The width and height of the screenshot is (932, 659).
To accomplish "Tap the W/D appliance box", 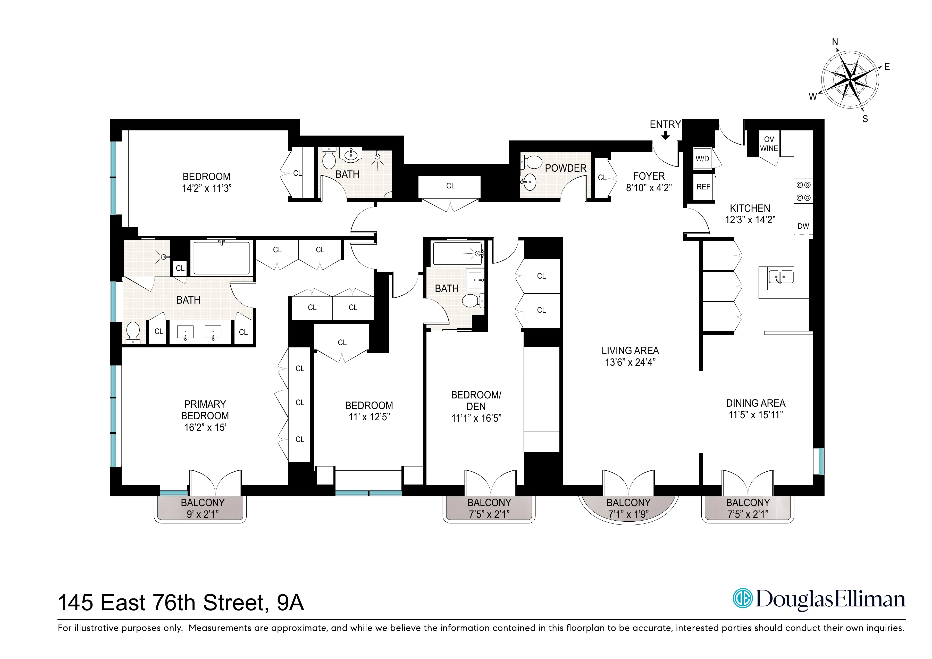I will click(x=702, y=159).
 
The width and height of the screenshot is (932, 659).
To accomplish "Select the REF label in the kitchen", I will click(x=703, y=187).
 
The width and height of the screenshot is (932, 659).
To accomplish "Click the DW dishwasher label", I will click(x=803, y=226).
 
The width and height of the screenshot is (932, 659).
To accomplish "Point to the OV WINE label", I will click(x=769, y=144).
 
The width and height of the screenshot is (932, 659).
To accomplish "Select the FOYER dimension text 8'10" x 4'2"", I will click(x=649, y=188).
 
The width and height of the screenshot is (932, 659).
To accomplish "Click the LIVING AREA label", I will click(x=630, y=351).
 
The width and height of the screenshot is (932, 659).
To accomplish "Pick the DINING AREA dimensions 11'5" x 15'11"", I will click(x=755, y=415).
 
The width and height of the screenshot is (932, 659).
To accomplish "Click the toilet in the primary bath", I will click(x=133, y=332).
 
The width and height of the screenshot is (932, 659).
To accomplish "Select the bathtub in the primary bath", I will click(x=221, y=258).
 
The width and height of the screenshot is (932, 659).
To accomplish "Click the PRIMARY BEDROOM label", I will click(x=205, y=410).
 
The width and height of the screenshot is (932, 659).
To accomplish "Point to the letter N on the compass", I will click(x=835, y=42).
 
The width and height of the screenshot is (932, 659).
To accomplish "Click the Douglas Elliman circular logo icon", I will click(x=742, y=598).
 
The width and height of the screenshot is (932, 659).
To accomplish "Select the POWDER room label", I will click(x=565, y=168).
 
